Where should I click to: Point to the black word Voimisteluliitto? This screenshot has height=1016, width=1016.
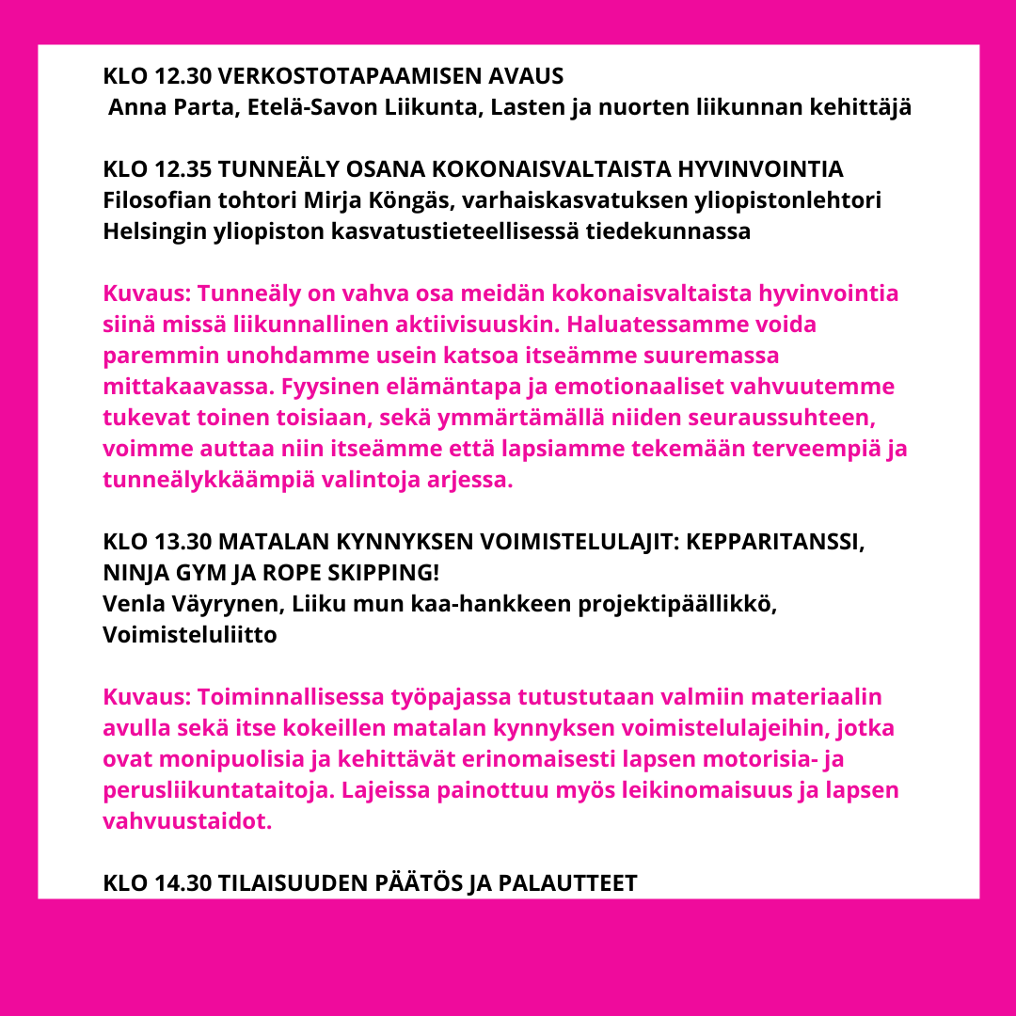tap(190, 636)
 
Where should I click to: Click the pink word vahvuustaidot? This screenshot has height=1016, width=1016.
tap(185, 821)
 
